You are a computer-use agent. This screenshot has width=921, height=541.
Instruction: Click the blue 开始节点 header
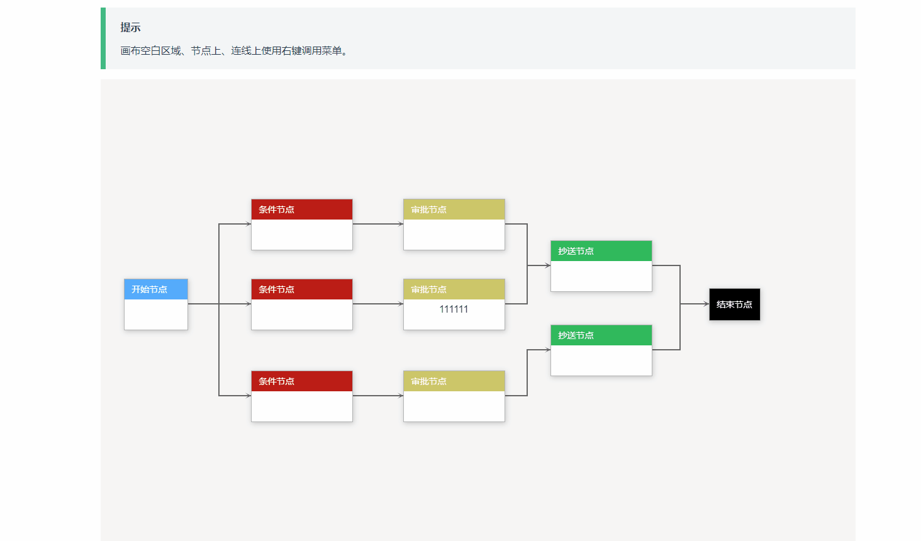155,289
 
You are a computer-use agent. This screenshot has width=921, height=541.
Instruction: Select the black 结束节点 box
734,304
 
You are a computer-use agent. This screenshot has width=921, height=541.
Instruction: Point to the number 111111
454,309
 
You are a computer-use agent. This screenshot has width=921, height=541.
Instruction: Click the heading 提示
130,28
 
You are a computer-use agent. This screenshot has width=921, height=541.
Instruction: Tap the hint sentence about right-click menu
234,51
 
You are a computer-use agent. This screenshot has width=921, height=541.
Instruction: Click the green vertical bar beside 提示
103,38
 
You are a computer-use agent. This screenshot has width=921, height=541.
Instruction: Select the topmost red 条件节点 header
301,209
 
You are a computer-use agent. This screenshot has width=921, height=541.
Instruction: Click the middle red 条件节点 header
301,289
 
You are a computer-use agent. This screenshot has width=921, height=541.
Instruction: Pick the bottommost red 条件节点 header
301,381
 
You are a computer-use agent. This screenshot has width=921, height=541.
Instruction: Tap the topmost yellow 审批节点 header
454,209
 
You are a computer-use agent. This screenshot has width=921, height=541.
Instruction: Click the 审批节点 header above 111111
454,289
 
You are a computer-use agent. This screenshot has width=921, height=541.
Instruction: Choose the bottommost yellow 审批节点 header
454,381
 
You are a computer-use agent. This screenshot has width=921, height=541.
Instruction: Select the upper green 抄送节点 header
601,251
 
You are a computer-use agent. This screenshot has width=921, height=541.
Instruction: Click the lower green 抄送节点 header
601,335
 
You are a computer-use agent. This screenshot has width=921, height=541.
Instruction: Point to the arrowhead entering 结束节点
706,304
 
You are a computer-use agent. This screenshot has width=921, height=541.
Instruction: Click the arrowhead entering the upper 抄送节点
548,265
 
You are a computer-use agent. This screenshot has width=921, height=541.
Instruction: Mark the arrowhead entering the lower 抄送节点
548,350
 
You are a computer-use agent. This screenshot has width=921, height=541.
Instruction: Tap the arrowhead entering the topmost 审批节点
401,224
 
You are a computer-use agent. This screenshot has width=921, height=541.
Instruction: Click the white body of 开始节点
155,314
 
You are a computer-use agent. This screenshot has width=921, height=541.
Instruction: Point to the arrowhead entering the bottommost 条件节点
248,396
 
